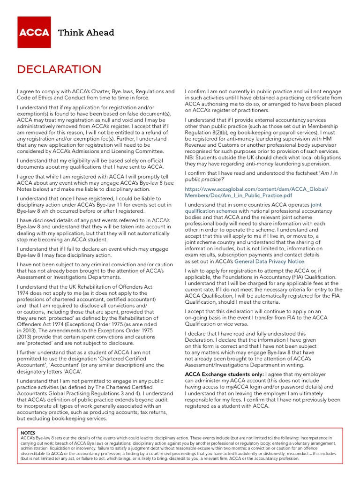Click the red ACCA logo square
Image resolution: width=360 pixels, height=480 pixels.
[x=34, y=32]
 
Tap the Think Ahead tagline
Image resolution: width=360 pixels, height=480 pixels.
[x=86, y=32]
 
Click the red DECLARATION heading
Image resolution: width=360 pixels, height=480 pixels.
[x=59, y=69]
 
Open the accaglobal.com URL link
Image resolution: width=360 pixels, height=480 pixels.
[x=257, y=192]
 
